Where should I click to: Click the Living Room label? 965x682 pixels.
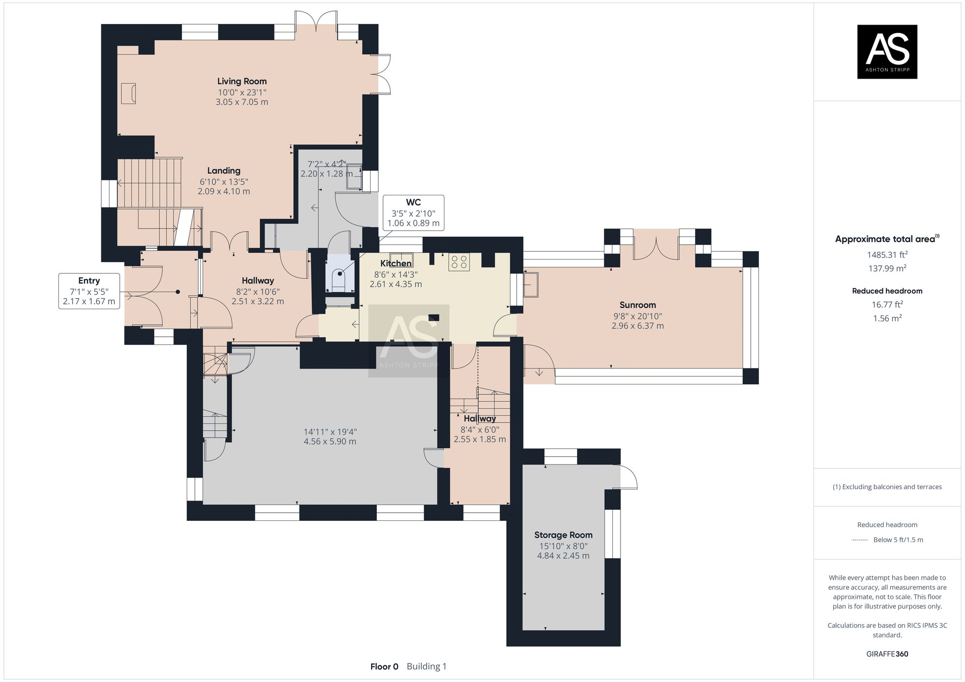click(241, 81)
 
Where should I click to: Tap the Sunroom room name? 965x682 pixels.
click(637, 305)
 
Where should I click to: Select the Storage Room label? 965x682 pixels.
click(563, 535)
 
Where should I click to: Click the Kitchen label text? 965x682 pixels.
click(396, 263)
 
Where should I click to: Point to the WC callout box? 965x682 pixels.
click(413, 213)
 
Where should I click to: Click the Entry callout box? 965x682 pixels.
click(89, 291)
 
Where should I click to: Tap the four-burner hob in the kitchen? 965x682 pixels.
click(458, 261)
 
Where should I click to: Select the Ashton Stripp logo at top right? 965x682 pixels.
click(887, 52)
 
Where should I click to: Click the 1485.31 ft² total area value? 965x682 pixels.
click(887, 255)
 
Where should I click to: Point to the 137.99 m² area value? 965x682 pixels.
click(887, 269)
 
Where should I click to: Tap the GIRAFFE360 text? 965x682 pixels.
click(887, 654)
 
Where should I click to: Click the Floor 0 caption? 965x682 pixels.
click(384, 667)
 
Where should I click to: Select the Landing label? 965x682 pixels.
click(223, 171)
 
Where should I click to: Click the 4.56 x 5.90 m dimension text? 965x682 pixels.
click(330, 441)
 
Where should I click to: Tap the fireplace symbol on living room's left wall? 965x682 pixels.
click(128, 93)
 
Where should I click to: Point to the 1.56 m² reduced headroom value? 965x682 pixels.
click(887, 318)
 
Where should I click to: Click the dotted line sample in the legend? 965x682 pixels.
click(860, 540)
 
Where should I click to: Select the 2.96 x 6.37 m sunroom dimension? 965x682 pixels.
click(637, 326)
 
